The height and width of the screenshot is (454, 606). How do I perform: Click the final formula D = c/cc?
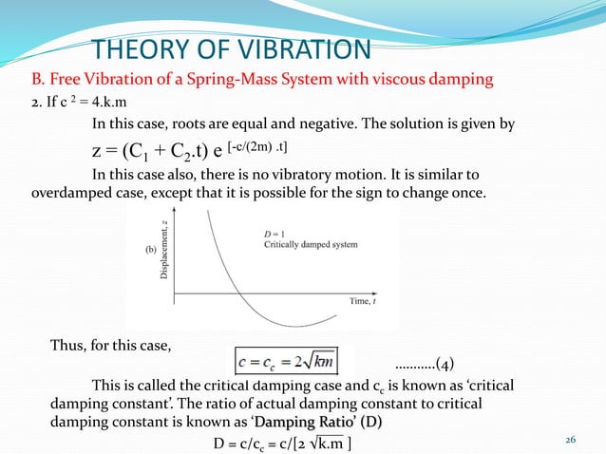click(x=281, y=442)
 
